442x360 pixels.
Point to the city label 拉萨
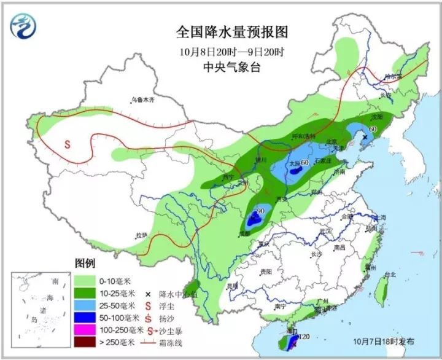[142, 235]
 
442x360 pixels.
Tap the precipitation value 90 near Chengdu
[260, 211]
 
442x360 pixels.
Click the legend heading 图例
[85, 263]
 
